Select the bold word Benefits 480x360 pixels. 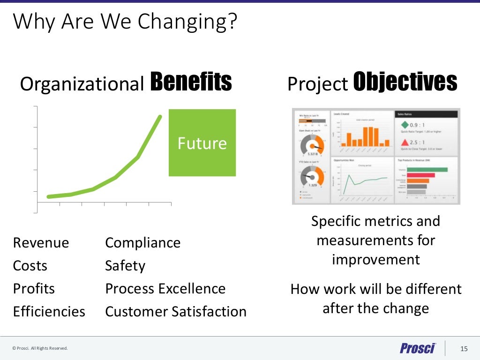tap(191, 82)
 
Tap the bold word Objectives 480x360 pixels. tap(405, 82)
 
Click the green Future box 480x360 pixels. tap(202, 142)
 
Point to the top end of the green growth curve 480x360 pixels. tap(160, 116)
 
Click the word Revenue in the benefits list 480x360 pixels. tap(41, 243)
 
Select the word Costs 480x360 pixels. tap(30, 266)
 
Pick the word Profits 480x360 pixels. tap(34, 289)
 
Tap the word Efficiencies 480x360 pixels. tap(49, 312)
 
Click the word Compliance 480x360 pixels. tap(142, 243)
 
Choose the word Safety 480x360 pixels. tap(125, 266)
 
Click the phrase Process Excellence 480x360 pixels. tap(165, 289)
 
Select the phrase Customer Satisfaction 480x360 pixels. tap(176, 312)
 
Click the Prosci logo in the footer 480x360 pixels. tap(418, 348)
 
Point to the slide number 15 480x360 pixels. tap(464, 348)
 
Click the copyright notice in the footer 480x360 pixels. tap(40, 348)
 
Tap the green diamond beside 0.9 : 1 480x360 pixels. tap(404, 125)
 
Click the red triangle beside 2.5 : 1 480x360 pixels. tap(404, 142)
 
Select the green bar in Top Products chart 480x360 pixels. tap(427, 170)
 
